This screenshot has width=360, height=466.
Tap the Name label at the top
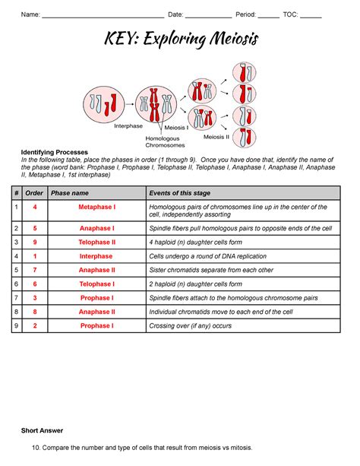[30, 14]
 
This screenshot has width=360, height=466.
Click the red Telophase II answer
[96, 242]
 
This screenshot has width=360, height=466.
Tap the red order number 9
[35, 242]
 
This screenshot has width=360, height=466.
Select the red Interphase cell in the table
[96, 256]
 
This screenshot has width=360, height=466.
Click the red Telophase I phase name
[96, 284]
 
